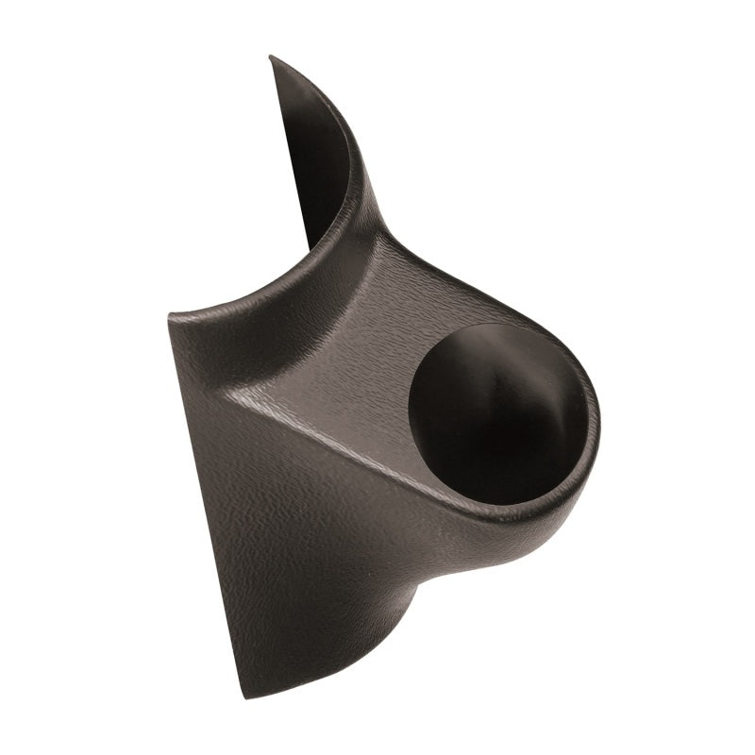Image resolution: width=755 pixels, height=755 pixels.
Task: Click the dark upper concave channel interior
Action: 316,160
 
